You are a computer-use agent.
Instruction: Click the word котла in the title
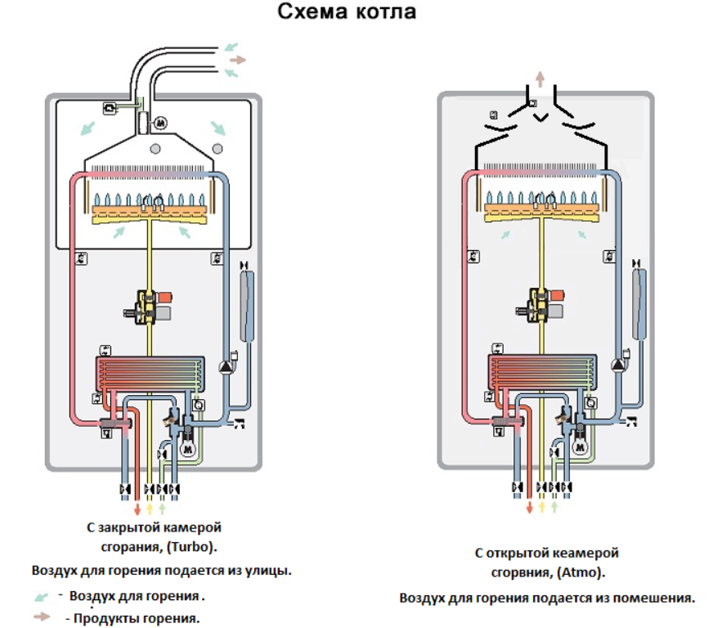pos(385,14)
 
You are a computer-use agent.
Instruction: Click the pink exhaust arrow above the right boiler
pos(540,78)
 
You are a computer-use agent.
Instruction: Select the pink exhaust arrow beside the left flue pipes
pos(237,60)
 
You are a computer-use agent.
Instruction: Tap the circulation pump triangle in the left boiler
pos(223,366)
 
